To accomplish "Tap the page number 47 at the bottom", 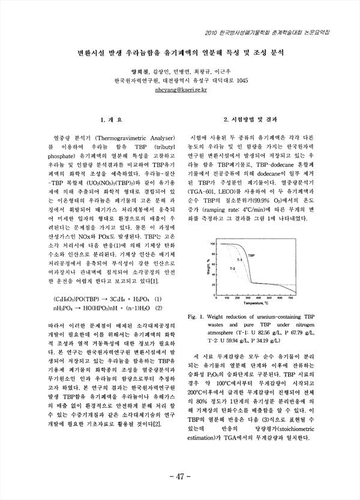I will click(180, 477).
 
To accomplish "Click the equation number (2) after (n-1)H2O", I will click(159, 308).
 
